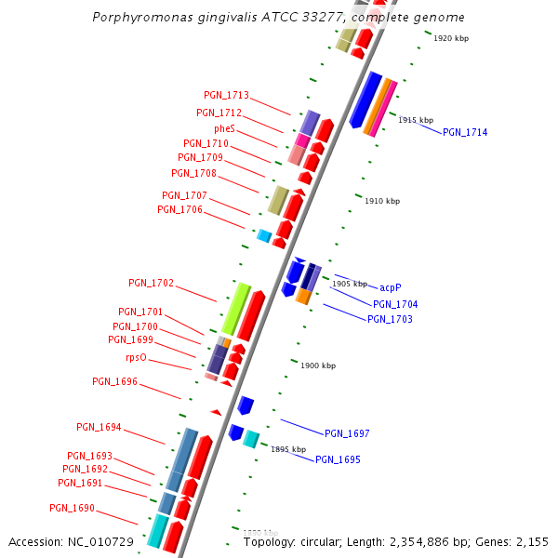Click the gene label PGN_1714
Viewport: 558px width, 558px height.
click(x=465, y=132)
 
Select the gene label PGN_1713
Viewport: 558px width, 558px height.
click(x=226, y=95)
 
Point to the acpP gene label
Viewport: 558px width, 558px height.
click(x=391, y=287)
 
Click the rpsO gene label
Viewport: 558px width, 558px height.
click(x=136, y=357)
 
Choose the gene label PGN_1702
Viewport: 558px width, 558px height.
click(x=151, y=283)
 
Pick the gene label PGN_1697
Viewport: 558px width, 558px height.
click(x=347, y=433)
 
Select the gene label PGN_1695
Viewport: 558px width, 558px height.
click(x=338, y=459)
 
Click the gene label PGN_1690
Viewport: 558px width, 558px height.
click(x=72, y=508)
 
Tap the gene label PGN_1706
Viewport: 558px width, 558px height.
click(x=179, y=209)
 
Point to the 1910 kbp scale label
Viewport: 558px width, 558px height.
click(x=382, y=201)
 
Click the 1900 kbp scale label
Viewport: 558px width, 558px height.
click(x=318, y=365)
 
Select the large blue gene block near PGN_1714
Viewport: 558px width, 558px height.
click(x=365, y=100)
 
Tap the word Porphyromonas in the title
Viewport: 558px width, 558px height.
click(x=138, y=18)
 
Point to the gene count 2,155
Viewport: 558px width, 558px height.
click(x=532, y=541)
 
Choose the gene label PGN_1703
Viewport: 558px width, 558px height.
click(x=390, y=319)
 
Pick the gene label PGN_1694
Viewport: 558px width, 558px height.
click(x=99, y=427)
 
